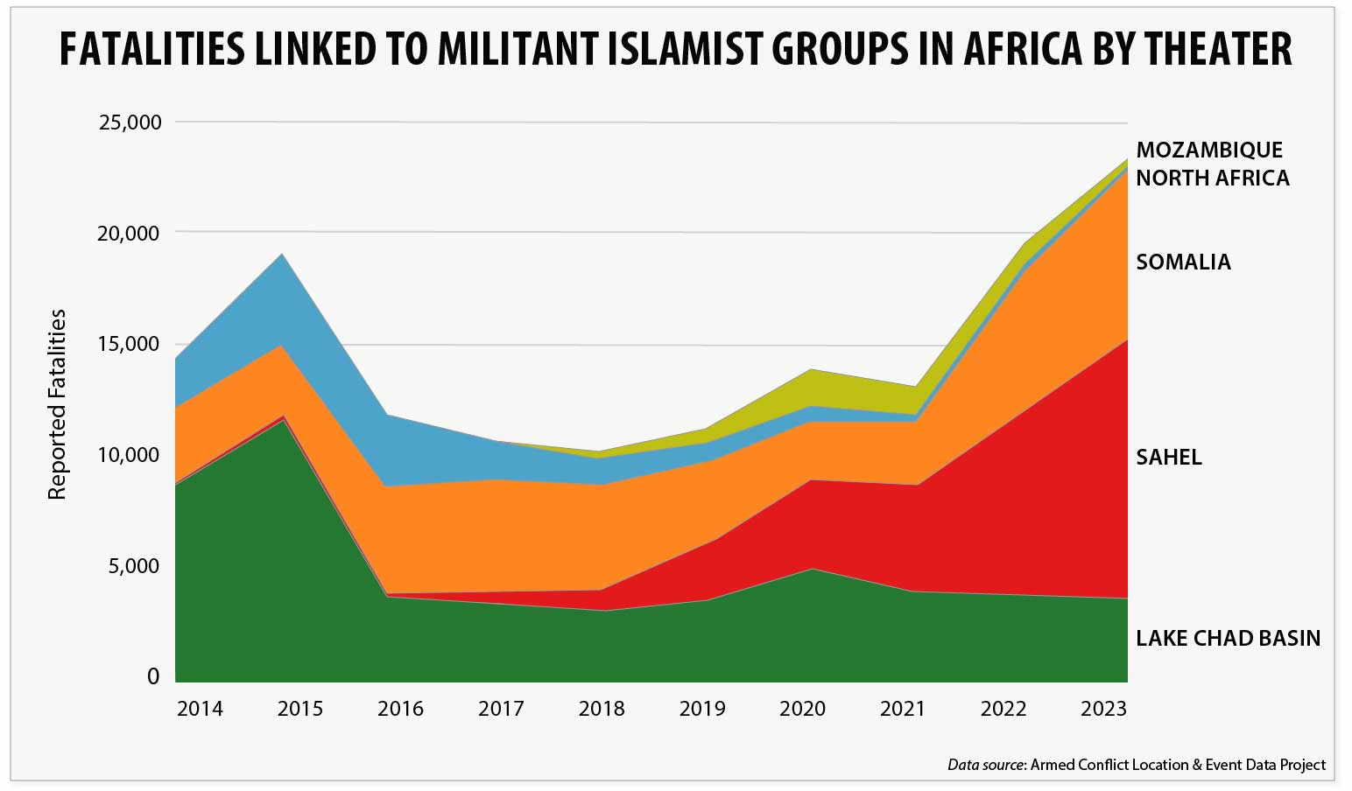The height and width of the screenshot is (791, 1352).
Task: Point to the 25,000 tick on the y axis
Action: click(130, 122)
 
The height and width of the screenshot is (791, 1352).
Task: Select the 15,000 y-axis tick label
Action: click(130, 344)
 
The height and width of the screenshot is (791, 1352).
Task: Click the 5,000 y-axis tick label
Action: click(135, 566)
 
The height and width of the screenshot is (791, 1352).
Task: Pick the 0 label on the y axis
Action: click(153, 676)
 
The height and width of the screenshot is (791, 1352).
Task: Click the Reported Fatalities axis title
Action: click(58, 404)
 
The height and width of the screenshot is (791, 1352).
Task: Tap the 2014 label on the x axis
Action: click(200, 709)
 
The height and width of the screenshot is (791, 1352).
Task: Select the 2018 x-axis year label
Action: click(602, 709)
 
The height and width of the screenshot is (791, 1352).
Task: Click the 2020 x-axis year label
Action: click(802, 709)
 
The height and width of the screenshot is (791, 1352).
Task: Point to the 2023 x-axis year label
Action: click(1103, 709)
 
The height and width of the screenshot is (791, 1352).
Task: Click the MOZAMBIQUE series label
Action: click(1208, 150)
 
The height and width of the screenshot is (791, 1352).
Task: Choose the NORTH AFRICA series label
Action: click(1212, 178)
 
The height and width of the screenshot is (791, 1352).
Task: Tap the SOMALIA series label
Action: click(1183, 262)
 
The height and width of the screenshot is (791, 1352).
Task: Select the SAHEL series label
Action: click(1168, 458)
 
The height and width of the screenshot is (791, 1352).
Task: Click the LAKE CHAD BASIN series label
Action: click(1228, 639)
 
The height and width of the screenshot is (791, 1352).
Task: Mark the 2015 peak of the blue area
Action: click(282, 255)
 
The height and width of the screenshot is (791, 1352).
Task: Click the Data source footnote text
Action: click(1136, 765)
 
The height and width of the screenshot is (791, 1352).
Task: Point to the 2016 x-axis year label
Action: click(400, 709)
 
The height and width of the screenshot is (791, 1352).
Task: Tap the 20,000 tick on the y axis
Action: click(130, 234)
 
